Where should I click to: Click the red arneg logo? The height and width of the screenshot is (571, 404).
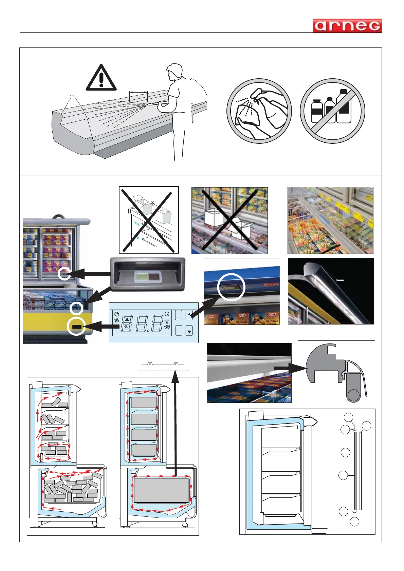347,26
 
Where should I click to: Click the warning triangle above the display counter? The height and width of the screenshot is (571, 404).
101,78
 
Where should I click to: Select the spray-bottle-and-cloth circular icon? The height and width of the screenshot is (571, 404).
259,111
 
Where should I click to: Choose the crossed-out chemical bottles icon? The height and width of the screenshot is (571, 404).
332,111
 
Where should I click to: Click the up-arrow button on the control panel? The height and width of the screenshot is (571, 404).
189,315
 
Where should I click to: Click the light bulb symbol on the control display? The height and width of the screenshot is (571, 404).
167,320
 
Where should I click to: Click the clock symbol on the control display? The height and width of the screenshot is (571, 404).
167,314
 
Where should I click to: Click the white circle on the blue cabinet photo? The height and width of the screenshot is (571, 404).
231,287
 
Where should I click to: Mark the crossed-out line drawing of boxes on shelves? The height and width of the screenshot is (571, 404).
149,220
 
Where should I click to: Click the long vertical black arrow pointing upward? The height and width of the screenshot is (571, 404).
175,424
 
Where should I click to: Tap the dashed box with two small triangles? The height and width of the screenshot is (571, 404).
164,364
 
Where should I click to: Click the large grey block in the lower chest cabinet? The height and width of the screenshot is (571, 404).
161,490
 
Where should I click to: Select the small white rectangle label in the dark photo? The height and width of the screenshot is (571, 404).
339,280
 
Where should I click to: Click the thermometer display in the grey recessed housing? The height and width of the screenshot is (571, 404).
148,276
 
